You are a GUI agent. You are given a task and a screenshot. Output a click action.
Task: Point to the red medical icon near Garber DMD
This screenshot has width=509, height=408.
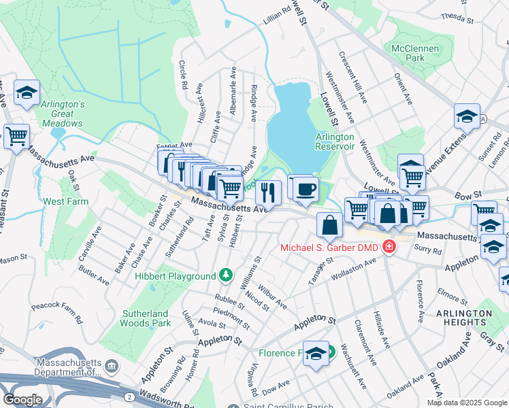coord(389,246)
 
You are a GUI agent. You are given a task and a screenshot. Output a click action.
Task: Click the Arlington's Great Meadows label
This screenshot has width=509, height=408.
coord(62,114)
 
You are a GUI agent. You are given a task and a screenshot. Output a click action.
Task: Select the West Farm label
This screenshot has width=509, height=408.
coord(66,202)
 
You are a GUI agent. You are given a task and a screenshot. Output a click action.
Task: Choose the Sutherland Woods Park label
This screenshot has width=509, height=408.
coord(144,318)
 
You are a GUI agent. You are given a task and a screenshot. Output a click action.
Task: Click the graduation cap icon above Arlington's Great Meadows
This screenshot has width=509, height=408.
coord(27,93)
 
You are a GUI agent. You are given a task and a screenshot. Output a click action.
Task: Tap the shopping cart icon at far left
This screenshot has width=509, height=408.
coord(16,137)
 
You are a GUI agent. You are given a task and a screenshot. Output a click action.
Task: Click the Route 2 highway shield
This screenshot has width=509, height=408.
coord(129,396)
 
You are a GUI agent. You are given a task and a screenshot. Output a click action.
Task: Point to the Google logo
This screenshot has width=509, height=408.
coord(22,399)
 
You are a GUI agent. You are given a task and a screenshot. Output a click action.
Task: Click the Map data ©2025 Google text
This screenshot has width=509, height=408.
coord(467,403)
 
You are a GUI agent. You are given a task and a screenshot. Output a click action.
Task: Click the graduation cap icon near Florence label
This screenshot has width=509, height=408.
coord(316,354)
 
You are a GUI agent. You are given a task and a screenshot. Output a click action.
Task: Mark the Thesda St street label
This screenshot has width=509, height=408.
coord(457,16)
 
